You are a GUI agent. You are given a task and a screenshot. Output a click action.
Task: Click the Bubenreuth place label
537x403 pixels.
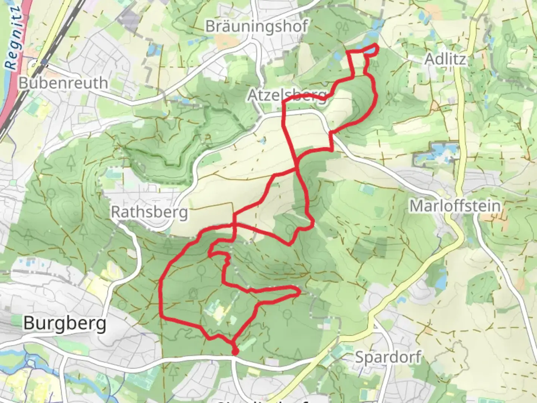click(63, 83)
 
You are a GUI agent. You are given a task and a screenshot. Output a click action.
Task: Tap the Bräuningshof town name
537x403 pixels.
click(257, 26)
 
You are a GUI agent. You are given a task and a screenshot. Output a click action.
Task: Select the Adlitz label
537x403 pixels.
click(446, 59)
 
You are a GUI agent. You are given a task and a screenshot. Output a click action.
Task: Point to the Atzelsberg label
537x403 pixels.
click(287, 95)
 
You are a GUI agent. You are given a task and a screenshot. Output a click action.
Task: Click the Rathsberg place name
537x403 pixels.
click(149, 212)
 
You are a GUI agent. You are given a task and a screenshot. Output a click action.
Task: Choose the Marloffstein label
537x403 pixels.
click(455, 206)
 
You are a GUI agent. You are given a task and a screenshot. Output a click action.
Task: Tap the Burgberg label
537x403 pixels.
click(65, 323)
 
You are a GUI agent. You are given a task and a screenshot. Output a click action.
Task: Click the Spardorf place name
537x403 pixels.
click(388, 357)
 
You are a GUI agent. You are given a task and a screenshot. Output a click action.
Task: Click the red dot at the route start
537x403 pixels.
click(235, 352)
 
